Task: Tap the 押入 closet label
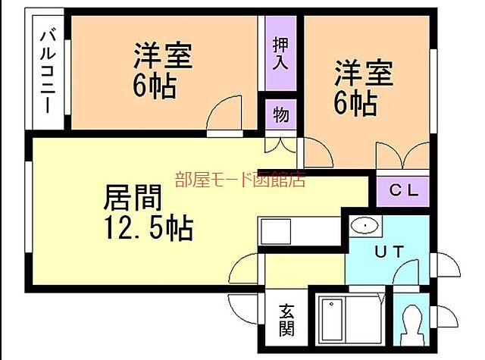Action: pyautogui.click(x=280, y=52)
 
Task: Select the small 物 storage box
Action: pyautogui.click(x=280, y=115)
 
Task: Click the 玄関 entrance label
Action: pyautogui.click(x=286, y=318)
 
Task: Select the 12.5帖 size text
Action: pyautogui.click(x=148, y=226)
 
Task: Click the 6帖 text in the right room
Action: pyautogui.click(x=355, y=104)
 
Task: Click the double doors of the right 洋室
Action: pyautogui.click(x=403, y=155)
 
